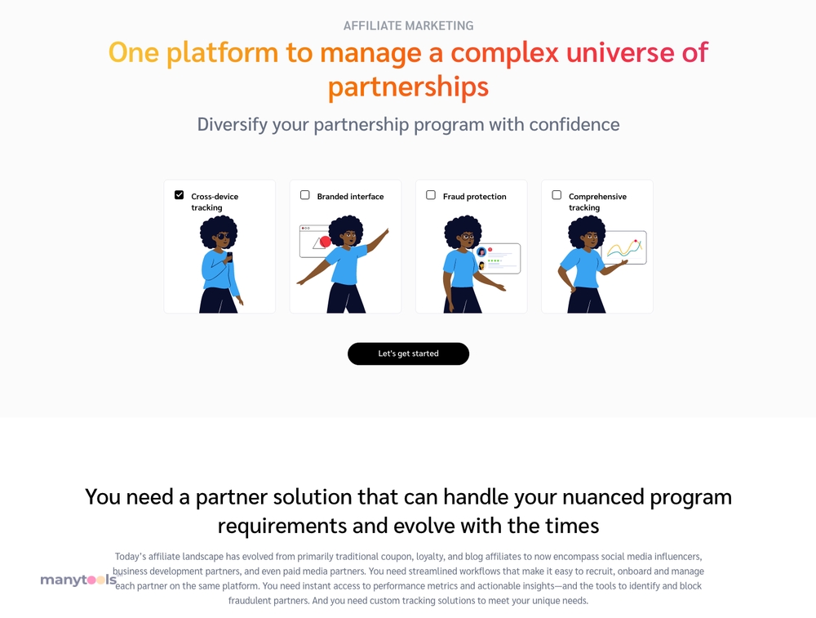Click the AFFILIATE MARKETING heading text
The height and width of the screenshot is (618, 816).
pos(408,25)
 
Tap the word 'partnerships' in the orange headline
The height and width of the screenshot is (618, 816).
pos(408,87)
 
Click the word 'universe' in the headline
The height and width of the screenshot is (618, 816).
pos(620,52)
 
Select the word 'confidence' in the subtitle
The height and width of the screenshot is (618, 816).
pos(574,124)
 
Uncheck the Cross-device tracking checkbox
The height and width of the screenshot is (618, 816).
pos(179,195)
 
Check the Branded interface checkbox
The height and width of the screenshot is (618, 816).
pos(305,195)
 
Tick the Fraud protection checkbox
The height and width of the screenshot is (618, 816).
pos(431,195)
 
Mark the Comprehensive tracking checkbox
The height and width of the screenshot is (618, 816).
pos(557,195)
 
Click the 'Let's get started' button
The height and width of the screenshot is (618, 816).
pos(408,353)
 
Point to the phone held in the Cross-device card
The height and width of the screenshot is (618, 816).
pos(229,256)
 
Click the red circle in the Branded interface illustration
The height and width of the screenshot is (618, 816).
pos(326,242)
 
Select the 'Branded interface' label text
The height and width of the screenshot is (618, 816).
pos(350,196)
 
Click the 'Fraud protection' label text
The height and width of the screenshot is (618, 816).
pos(475,196)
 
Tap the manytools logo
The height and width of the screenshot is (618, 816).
pos(78,580)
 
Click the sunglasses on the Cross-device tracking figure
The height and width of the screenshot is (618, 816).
pos(223,236)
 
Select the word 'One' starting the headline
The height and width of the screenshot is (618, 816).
pos(133,52)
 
